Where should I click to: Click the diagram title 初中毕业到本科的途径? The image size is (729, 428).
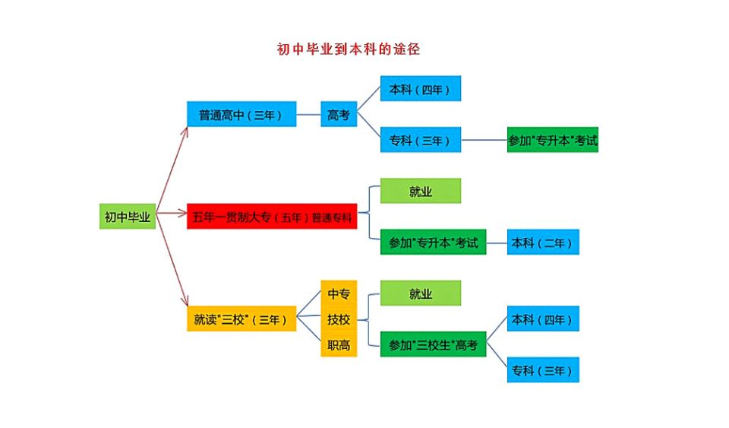[349, 50]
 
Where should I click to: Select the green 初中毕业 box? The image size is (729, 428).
[127, 217]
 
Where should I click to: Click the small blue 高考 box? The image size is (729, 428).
[338, 115]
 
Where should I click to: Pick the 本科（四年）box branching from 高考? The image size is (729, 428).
[420, 89]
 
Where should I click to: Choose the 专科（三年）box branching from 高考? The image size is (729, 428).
[420, 140]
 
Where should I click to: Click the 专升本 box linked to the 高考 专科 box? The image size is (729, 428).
[552, 140]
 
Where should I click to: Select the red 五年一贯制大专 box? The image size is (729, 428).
[272, 217]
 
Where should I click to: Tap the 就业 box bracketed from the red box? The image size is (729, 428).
[420, 191]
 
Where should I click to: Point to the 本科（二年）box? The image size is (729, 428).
[543, 242]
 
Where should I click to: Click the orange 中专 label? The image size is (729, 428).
[339, 293]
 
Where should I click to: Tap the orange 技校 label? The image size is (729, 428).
[339, 319]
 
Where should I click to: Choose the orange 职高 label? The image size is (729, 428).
[339, 345]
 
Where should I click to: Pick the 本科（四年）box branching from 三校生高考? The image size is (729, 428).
[543, 319]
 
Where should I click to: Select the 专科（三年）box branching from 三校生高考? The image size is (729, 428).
[543, 370]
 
